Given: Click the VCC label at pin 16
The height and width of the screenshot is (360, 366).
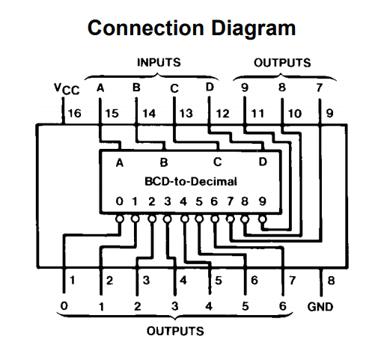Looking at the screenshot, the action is click(67, 90).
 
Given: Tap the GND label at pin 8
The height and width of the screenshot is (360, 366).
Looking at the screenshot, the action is click(320, 307).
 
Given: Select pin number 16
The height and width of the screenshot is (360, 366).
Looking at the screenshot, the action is click(75, 114).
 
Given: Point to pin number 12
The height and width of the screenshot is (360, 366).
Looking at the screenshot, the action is click(222, 114).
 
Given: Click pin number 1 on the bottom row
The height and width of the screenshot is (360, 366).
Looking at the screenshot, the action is click(73, 281).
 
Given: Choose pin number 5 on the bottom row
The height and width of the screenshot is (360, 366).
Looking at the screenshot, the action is click(219, 281).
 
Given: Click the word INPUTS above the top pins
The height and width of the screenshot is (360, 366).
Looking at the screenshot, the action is click(159, 62).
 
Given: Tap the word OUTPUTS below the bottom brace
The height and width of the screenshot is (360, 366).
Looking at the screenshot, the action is click(175, 331).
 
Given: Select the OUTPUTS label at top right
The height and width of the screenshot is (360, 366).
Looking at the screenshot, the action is click(282, 63).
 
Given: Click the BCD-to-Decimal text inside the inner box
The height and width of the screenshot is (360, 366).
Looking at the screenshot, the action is click(191, 182).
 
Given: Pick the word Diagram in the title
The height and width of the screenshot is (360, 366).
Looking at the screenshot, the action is click(254, 28).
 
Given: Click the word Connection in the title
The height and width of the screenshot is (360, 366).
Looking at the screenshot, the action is click(146, 28).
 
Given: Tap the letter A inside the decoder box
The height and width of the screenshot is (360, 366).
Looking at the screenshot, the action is click(120, 163).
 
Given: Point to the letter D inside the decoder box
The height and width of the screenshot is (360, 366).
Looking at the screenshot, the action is click(263, 162).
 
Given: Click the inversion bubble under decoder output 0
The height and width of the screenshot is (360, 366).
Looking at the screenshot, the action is click(120, 219).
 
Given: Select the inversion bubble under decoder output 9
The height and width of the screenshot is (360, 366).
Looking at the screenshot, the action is click(262, 219).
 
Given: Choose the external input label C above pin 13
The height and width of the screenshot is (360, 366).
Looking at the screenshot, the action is click(174, 88).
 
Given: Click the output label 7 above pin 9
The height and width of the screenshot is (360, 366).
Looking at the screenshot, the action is click(320, 88).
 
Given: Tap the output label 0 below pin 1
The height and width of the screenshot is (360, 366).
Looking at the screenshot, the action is click(64, 305).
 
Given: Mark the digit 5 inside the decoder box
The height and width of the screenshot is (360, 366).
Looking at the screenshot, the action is click(199, 201).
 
